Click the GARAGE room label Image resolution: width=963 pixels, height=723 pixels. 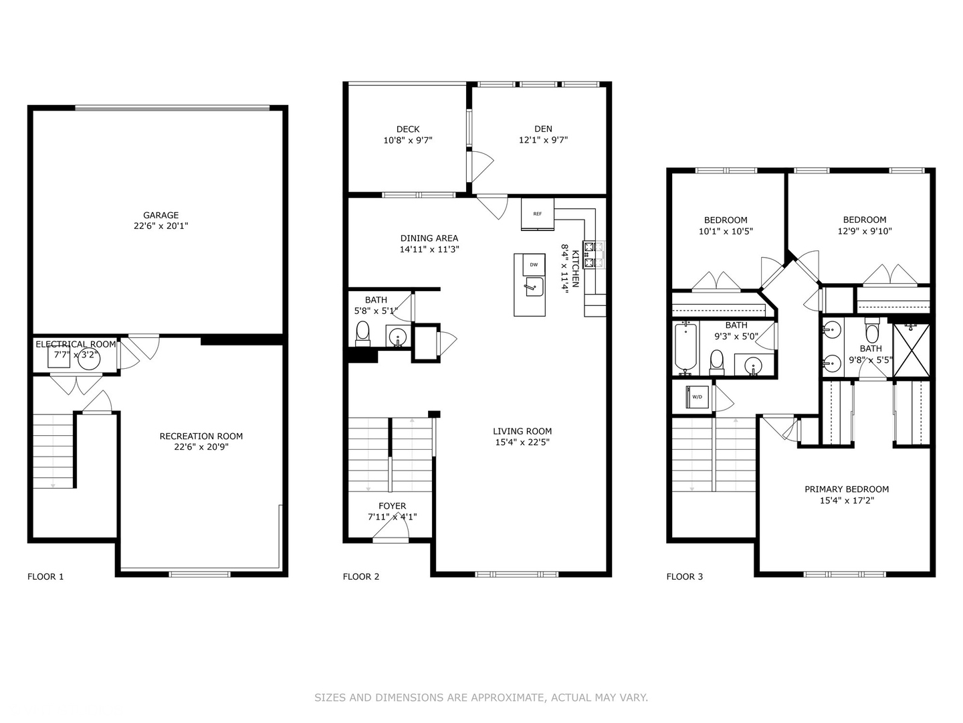coord(160,216)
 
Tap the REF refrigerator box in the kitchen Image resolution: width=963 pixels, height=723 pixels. coord(538,214)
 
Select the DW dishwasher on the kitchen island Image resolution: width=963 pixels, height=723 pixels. coord(534,264)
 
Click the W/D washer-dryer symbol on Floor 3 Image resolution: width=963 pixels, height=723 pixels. coord(698,397)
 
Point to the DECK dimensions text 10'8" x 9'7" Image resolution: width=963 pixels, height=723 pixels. coord(408,141)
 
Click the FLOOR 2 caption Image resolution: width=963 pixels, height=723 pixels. coord(361,576)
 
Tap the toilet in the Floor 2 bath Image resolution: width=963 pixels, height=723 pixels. coord(362,332)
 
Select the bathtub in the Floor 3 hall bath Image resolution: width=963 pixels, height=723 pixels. coord(685,347)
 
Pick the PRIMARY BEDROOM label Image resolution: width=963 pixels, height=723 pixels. coord(847,489)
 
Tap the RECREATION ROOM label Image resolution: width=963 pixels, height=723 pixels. coord(201,436)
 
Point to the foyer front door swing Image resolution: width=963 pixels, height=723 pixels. coord(391,530)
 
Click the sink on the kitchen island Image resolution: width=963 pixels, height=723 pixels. coord(533,288)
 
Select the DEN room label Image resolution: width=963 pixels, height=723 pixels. coord(543,129)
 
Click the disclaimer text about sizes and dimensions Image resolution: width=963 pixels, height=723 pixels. coord(481,698)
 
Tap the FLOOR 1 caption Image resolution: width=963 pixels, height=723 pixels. coord(45,576)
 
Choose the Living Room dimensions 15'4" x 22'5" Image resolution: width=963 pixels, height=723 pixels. coord(522,442)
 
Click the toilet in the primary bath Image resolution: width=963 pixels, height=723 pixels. coord(871,331)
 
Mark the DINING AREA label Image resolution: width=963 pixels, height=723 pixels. coord(429,238)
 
